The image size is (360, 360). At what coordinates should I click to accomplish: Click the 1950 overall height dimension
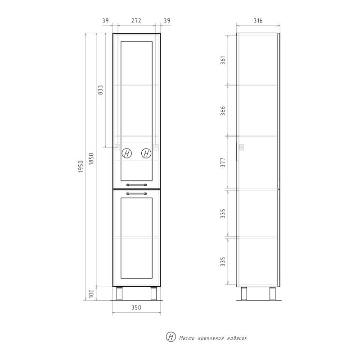81,167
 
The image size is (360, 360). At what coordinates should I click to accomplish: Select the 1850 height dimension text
92,160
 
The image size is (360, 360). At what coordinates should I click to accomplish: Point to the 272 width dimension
136,21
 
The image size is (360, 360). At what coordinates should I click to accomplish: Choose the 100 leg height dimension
92,294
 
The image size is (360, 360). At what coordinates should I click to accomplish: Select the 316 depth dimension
258,21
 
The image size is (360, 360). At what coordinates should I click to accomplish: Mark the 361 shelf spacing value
223,59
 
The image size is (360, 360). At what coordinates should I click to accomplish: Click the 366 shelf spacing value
223,110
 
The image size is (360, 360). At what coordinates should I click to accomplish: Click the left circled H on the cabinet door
127,153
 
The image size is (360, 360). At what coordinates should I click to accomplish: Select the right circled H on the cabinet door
146,153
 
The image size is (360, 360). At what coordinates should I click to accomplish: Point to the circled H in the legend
171,337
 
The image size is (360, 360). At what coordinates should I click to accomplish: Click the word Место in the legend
187,337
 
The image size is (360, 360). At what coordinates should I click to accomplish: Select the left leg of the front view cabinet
120,293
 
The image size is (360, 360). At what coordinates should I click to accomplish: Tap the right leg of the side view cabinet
272,293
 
